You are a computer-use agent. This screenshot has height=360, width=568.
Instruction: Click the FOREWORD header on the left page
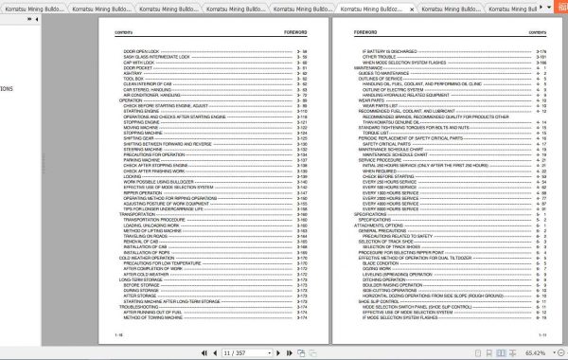pos(296,31)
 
